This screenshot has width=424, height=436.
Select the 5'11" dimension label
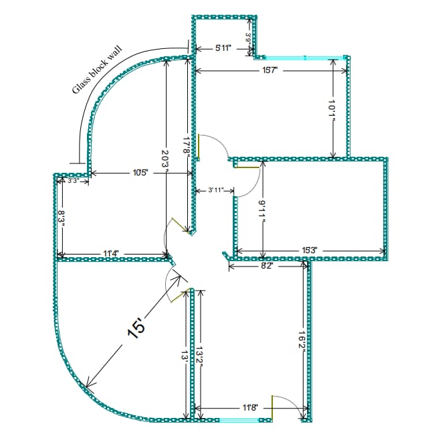click(224, 48)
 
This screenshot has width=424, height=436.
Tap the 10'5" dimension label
click(140, 173)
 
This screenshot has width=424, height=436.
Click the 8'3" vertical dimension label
click(61, 218)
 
